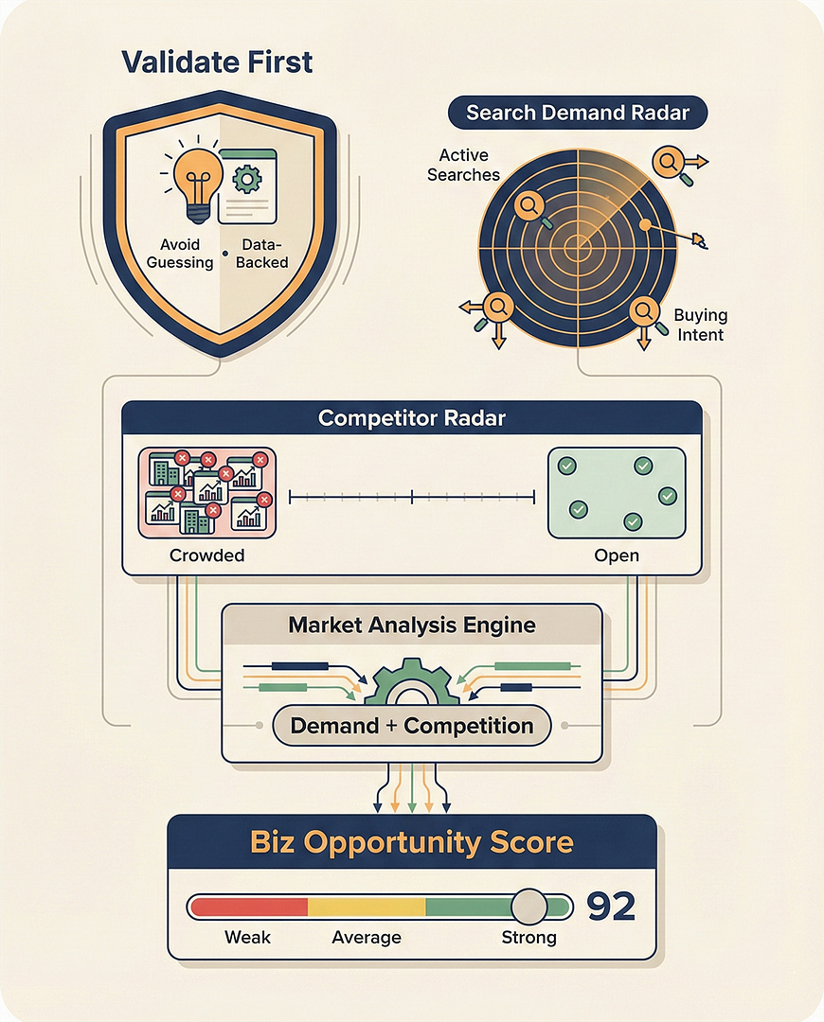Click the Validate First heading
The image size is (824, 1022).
coord(218,63)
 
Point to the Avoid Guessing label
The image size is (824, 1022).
coord(180,254)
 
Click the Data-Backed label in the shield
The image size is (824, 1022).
coord(261,254)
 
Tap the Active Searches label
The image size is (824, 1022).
coord(463,165)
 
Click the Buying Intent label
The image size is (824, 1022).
coord(700,325)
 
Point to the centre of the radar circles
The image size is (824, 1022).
coord(577,247)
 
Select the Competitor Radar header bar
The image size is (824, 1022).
coord(412,418)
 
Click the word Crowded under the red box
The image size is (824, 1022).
coord(206,555)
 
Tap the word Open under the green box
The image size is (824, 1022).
coord(617,555)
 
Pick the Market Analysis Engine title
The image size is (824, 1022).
coord(412,626)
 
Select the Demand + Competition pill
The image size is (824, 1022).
coord(412,726)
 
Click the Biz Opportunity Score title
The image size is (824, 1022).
coord(412,841)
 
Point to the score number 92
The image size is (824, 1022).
coord(610,907)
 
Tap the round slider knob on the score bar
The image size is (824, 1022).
coord(528,907)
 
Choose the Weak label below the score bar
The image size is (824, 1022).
coord(247,938)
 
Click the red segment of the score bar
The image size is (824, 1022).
coord(249,907)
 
